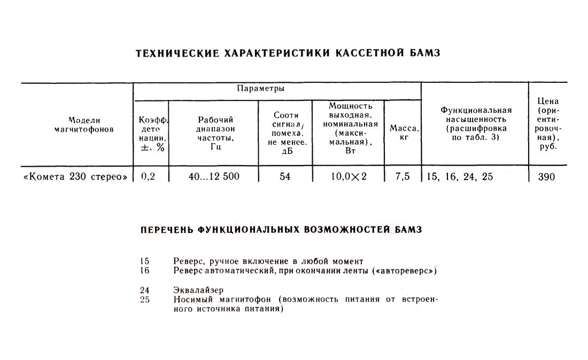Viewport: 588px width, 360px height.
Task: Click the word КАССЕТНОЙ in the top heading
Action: pyautogui.click(x=363, y=53)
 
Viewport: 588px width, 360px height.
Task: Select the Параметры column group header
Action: pyautogui.click(x=260, y=88)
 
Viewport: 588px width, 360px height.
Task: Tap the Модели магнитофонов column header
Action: pyautogui.click(x=84, y=125)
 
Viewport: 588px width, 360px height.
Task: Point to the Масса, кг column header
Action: pyautogui.click(x=404, y=133)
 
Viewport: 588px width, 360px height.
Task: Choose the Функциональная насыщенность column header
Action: pyautogui.click(x=476, y=123)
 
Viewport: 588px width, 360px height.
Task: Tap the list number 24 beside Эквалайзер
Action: pyautogui.click(x=144, y=291)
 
